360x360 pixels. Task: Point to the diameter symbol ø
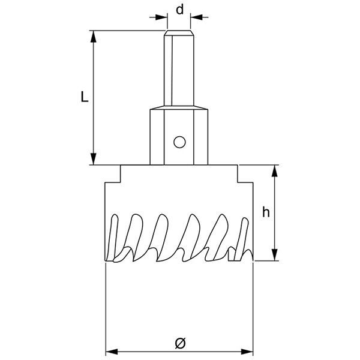[x=179, y=343]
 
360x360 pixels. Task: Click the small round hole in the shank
[x=179, y=142]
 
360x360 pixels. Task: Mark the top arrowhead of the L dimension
[x=94, y=35]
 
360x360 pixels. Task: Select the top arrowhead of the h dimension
[x=275, y=170]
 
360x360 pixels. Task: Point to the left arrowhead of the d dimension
[x=162, y=17]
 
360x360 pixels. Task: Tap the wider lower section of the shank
[x=179, y=135]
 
